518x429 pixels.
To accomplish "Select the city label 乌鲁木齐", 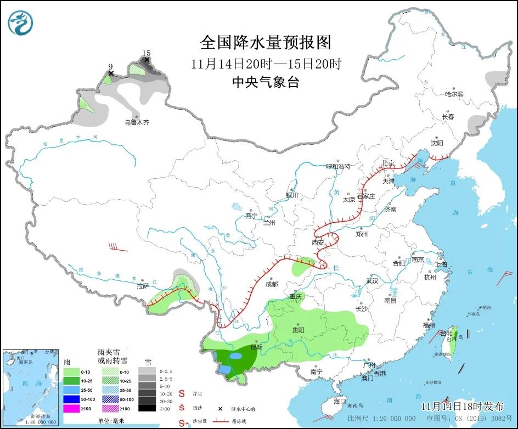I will point(137,122).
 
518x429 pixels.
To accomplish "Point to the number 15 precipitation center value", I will point(146,53).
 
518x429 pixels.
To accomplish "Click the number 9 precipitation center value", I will point(110,66).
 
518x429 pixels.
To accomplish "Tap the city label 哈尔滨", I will point(454,94).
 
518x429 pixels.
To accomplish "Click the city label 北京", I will point(388,163).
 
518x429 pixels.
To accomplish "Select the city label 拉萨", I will point(143,286).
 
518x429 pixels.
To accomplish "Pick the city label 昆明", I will point(256,347).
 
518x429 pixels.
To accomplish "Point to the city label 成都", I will point(271,284).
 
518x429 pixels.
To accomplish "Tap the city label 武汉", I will point(372,281).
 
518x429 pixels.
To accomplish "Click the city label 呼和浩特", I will point(338,166).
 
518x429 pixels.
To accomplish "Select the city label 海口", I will point(340,401).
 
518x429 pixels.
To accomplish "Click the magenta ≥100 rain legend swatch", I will point(71,408).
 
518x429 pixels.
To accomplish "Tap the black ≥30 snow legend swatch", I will point(146,408).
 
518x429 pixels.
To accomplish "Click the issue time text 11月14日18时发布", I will point(463,407).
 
